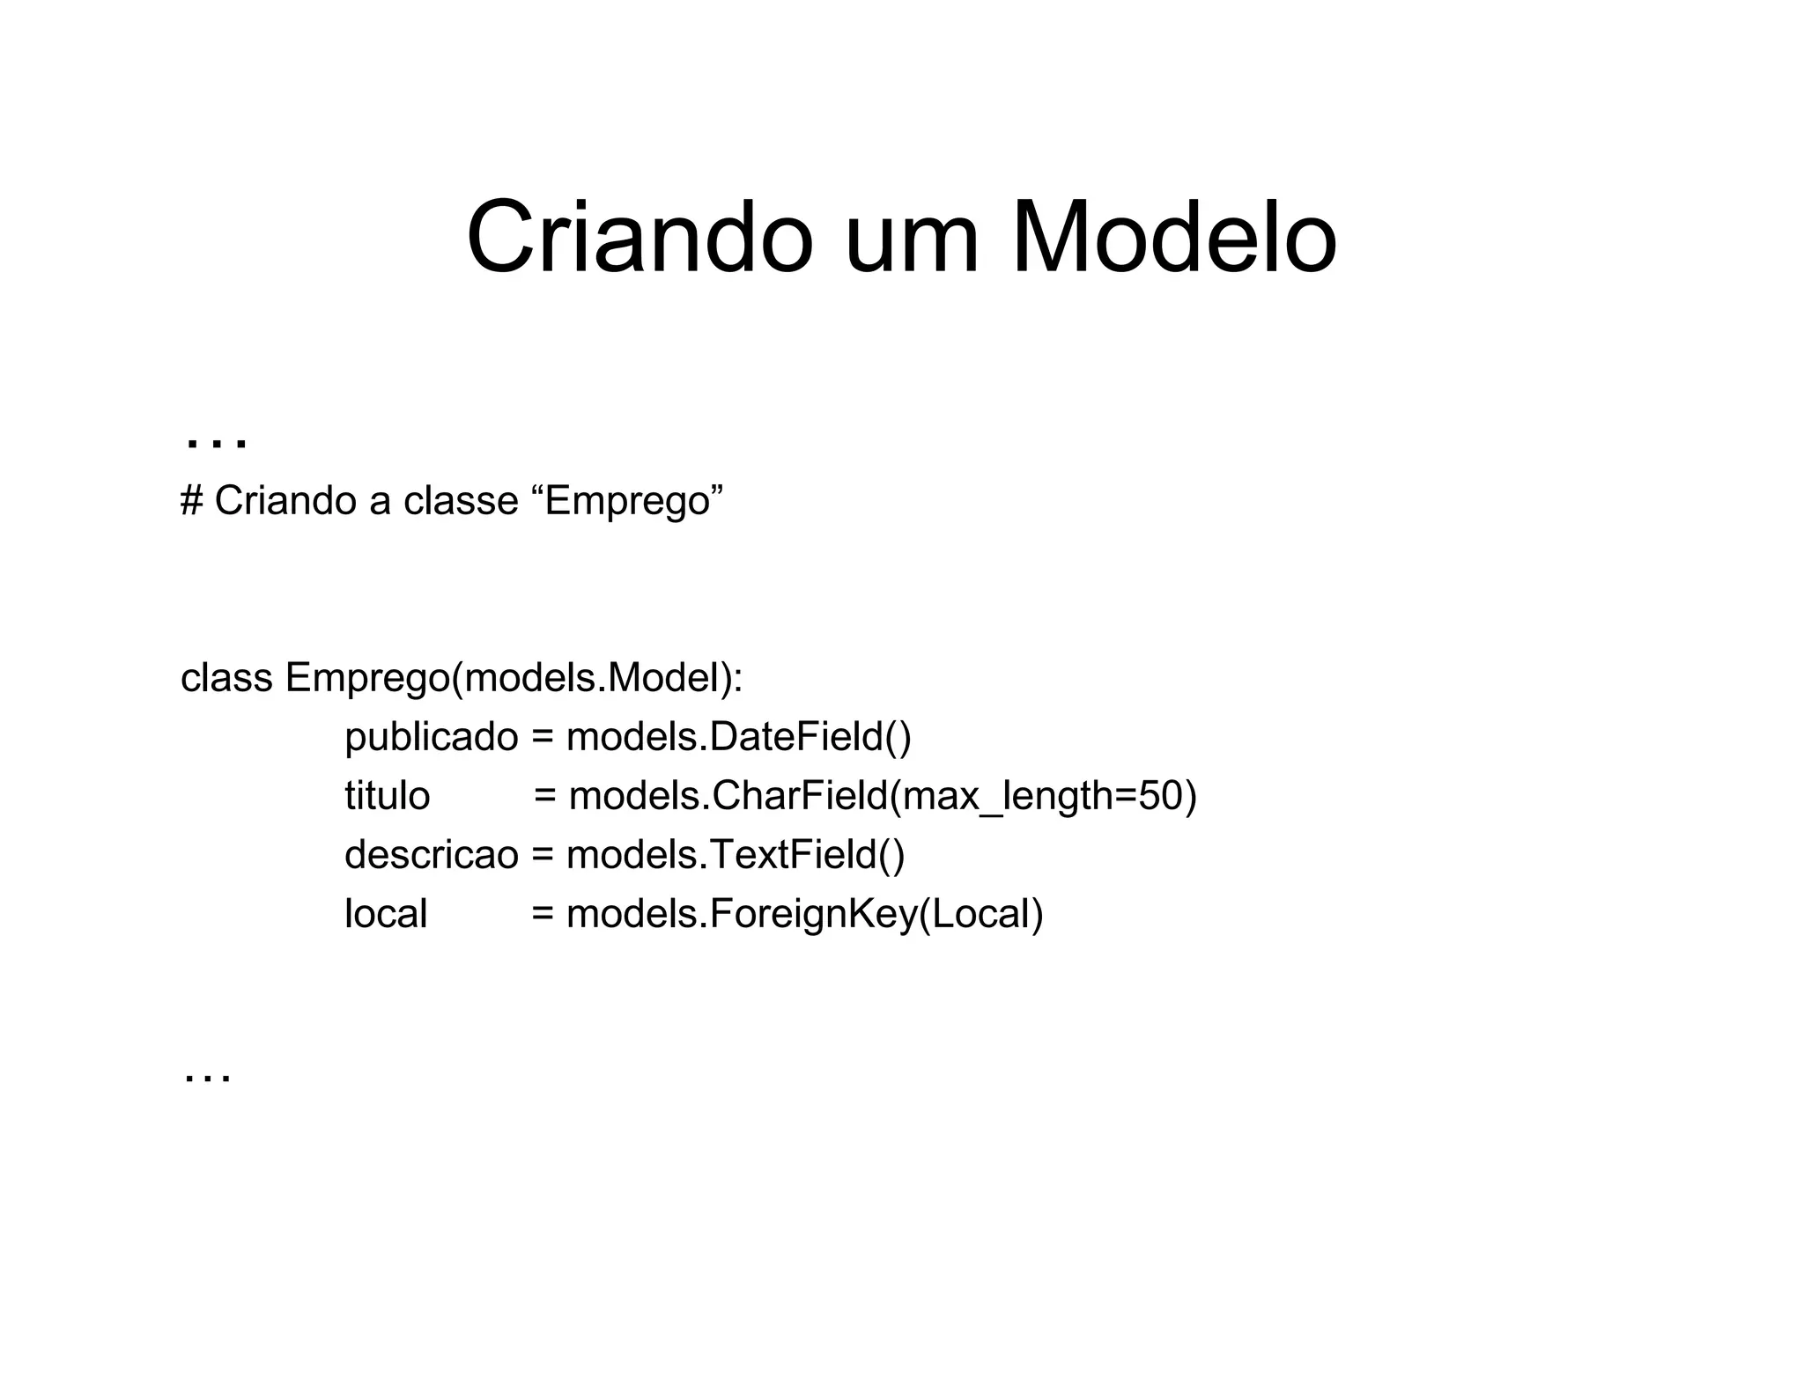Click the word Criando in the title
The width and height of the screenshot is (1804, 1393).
[x=640, y=239]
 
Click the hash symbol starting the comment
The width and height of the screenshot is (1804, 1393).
[x=191, y=500]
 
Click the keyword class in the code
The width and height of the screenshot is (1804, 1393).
[x=226, y=678]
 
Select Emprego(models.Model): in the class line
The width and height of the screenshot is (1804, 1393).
[x=514, y=679]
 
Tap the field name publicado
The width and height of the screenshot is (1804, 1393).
[x=431, y=738]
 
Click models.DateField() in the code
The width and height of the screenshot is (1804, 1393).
[x=738, y=737]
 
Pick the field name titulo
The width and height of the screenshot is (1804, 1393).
[x=387, y=796]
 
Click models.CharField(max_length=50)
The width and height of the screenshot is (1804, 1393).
[x=883, y=797]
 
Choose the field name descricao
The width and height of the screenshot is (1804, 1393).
[x=431, y=855]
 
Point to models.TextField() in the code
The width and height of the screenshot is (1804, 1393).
[x=735, y=855]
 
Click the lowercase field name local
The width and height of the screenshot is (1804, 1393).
[x=386, y=914]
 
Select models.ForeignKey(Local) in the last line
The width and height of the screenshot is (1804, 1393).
[x=804, y=915]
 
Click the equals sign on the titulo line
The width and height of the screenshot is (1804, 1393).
[x=545, y=797]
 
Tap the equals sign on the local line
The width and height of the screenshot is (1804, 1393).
[x=543, y=915]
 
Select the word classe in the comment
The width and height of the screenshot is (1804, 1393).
[x=461, y=501]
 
